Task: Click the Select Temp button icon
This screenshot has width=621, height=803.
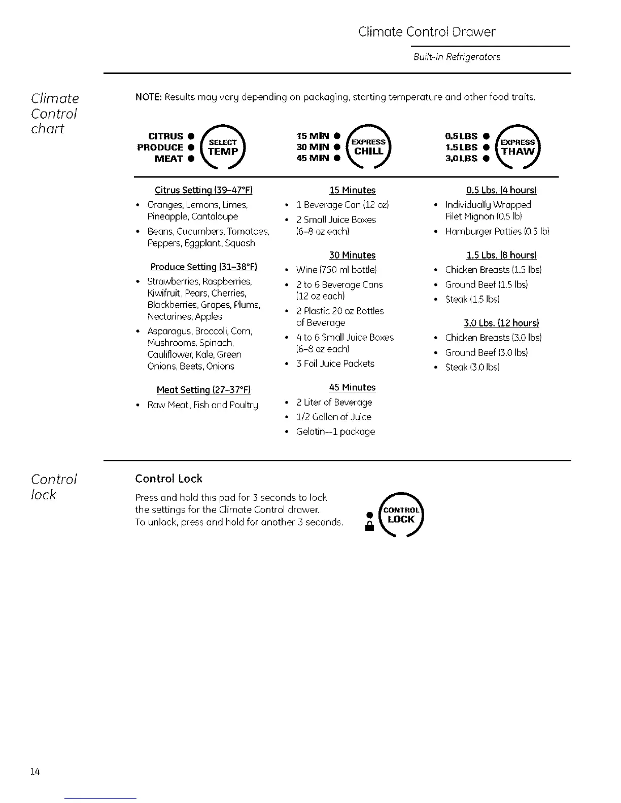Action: [x=223, y=148]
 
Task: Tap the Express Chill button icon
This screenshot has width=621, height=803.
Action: [x=369, y=147]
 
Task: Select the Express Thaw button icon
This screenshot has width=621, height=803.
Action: [x=518, y=147]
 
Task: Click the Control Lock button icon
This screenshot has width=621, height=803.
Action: [x=401, y=515]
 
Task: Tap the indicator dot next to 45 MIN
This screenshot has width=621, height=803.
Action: [x=336, y=158]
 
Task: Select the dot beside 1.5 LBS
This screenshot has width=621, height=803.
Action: [x=486, y=148]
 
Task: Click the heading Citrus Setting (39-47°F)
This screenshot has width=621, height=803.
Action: [x=203, y=190]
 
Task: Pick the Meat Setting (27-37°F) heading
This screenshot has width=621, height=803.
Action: [x=203, y=390]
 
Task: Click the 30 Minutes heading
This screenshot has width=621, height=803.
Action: [x=352, y=255]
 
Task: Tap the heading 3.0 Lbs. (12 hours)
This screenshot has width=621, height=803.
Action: [x=501, y=323]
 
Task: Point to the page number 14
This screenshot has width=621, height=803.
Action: [x=34, y=772]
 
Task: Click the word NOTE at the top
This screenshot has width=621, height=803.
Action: [x=148, y=97]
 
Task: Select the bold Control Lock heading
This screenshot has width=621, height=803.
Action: [x=168, y=479]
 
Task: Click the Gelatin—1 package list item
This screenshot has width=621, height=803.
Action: [x=335, y=431]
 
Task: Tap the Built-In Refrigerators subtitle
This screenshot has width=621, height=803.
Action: [x=457, y=57]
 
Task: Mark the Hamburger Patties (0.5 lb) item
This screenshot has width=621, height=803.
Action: [x=497, y=231]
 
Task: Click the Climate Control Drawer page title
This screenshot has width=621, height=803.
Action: [x=427, y=32]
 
